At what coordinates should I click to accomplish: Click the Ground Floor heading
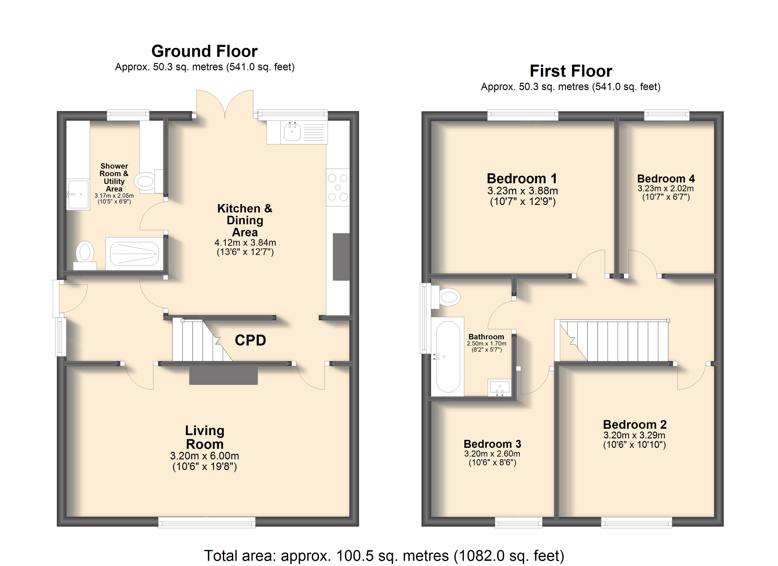pos(204,51)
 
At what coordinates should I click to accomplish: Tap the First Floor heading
pos(571,71)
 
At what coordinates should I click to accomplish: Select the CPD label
pos(250,340)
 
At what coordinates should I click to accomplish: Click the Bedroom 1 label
pos(522,179)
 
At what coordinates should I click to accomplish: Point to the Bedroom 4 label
pos(666,179)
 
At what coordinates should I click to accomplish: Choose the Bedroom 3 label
pos(492,444)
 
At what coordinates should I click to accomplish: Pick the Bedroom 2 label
pos(635,424)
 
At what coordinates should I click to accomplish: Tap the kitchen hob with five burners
pos(338,187)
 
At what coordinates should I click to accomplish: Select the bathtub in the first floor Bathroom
pos(448,356)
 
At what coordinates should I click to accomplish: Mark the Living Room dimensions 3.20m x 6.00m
pos(204,456)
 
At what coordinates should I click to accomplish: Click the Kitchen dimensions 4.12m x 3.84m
pos(245,243)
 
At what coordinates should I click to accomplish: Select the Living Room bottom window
pos(207,522)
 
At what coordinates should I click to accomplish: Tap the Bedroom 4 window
pos(667,115)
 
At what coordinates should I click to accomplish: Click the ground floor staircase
pos(202,340)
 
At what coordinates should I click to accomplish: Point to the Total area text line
pos(384,555)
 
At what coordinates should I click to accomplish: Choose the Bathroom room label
pos(486,337)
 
